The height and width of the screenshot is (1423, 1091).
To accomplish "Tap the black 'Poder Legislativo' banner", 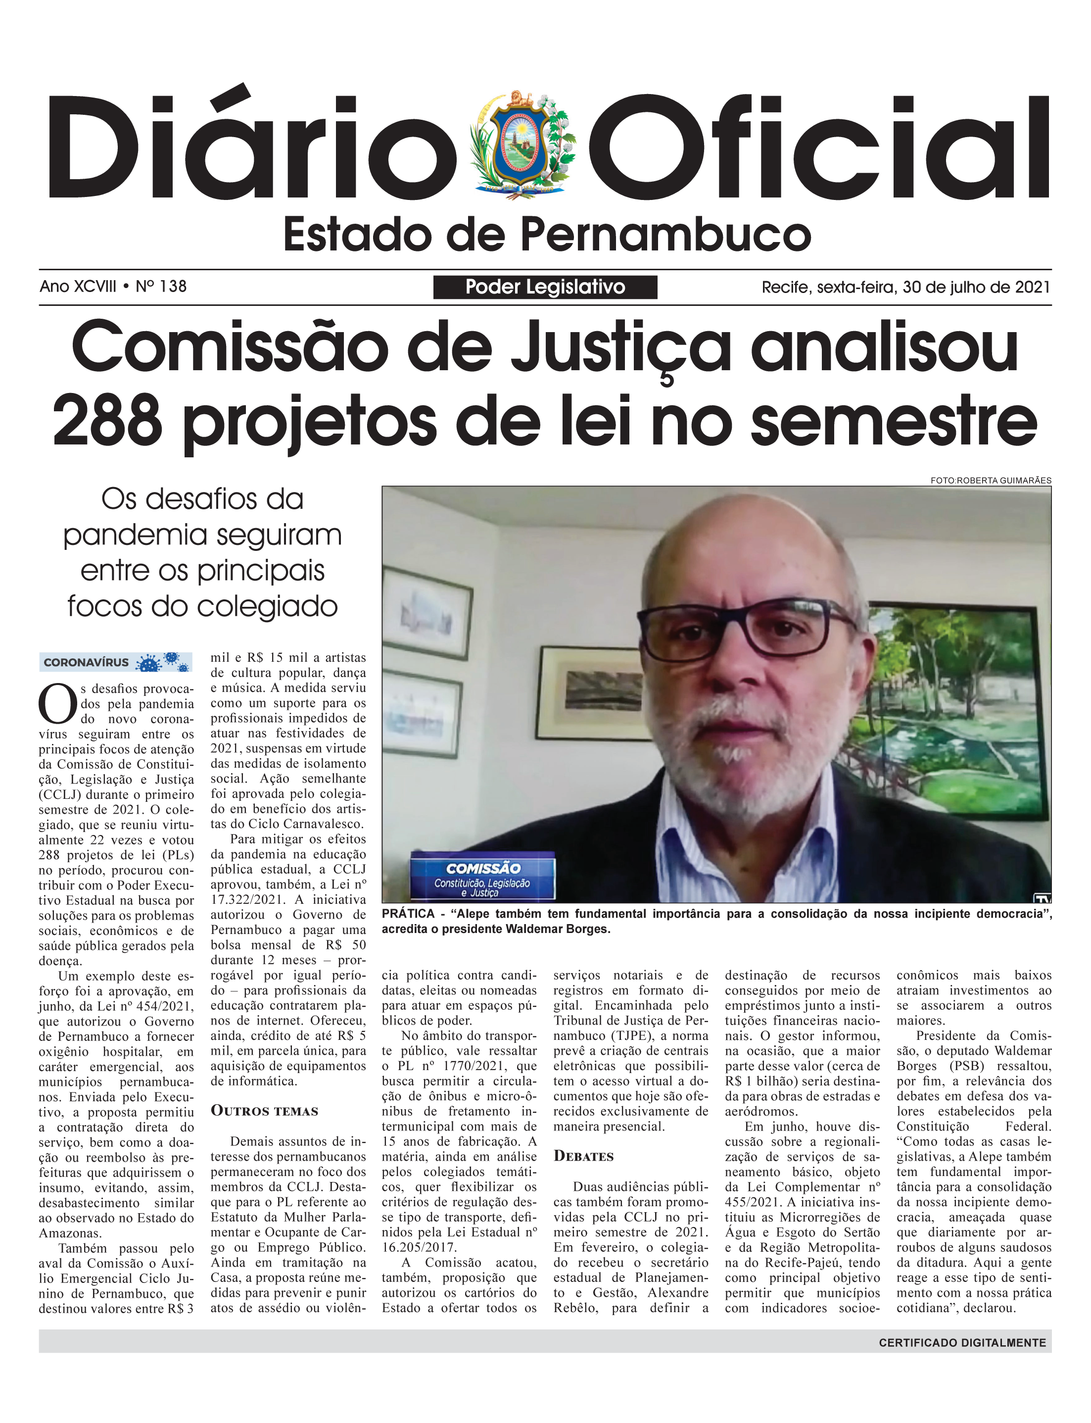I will [545, 287].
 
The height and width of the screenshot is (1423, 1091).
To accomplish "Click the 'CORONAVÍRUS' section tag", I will [87, 662].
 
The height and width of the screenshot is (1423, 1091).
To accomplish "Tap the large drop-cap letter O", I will [58, 704].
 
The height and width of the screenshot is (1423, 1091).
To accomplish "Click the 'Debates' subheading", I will [583, 1156].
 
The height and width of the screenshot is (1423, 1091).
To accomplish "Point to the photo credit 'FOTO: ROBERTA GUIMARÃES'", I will [991, 481].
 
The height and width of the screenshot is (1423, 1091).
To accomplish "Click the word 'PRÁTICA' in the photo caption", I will [408, 914].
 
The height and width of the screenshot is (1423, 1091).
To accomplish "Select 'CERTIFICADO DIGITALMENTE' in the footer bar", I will [962, 1342].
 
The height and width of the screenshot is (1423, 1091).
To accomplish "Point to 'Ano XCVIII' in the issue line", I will [78, 287].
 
